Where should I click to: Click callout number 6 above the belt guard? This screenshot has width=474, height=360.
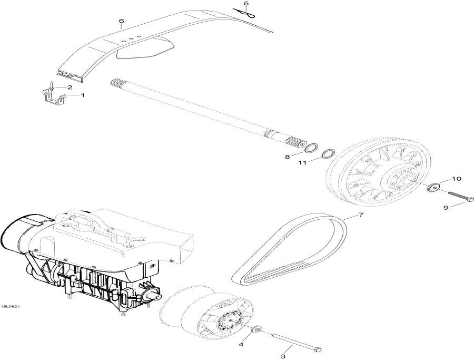121,21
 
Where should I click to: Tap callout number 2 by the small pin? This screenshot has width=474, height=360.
69,87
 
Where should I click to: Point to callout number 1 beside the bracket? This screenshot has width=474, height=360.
82,95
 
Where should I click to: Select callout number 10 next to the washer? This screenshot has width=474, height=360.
456,179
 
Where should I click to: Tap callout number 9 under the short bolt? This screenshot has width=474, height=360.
446,208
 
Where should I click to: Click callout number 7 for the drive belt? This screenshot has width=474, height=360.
361,215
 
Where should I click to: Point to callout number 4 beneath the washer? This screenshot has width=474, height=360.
241,345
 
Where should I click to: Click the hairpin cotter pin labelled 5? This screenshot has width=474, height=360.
251,16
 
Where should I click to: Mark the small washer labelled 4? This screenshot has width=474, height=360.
257,330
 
